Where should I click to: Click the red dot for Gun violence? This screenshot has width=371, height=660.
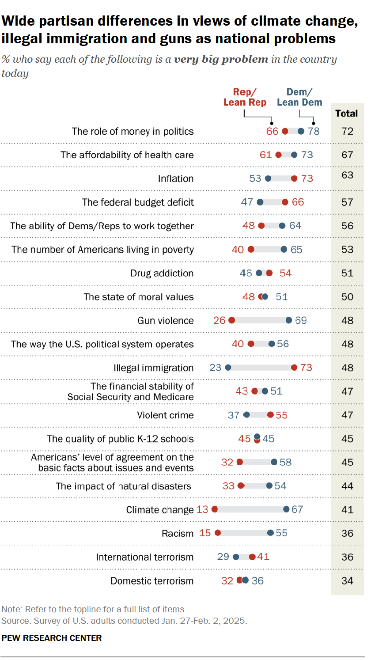coord(231,320)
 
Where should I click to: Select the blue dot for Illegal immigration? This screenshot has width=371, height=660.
coord(228,368)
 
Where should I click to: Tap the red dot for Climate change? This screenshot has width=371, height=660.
coord(215,509)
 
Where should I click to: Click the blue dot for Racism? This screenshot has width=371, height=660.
coord(270,533)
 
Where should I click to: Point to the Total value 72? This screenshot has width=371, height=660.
coord(348,131)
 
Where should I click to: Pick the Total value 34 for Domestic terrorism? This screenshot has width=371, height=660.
coord(348,580)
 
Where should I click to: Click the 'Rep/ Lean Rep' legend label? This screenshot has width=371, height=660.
coord(245,97)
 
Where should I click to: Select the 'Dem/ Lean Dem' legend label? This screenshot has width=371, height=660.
coord(299,97)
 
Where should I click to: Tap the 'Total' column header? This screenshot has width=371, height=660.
coord(347,114)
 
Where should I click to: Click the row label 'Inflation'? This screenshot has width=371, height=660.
coord(176,178)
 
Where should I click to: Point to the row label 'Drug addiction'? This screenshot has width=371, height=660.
coord(162,273)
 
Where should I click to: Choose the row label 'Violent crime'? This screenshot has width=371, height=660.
coord(165,415)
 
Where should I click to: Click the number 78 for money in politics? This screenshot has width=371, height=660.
coord(314,131)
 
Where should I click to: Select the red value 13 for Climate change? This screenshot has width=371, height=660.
coord(202,509)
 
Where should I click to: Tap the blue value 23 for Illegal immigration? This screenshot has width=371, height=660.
coord(216,368)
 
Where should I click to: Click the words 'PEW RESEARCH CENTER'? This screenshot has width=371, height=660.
coord(52,638)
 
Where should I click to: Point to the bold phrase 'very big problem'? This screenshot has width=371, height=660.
coord(221,59)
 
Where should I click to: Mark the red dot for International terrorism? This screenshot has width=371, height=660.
coord(252,557)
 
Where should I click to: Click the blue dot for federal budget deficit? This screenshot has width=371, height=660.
coord(260,202)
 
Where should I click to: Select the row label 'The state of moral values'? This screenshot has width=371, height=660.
coord(139,297)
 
